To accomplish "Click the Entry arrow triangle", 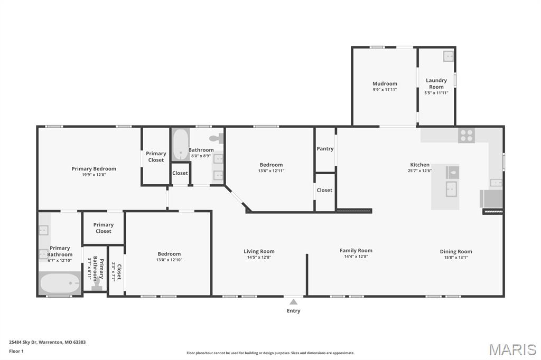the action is (293, 302).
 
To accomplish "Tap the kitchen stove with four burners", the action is (467, 135).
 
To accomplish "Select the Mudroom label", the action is (385, 83).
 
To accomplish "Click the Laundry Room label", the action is (436, 83).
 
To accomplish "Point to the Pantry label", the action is (325, 149).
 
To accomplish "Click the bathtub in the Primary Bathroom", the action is (60, 283).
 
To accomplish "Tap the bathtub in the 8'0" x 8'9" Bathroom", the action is (181, 145).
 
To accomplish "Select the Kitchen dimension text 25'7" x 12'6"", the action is (419, 170).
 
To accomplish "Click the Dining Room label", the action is (456, 251).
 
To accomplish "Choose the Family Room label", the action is (356, 250).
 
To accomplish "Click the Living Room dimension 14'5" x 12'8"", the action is (259, 257).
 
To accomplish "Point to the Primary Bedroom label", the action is (94, 168).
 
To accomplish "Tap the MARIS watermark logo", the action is (512, 349).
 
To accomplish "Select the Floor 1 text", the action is (16, 351).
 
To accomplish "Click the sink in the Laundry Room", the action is (448, 56).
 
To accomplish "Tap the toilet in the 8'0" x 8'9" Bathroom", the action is (216, 138).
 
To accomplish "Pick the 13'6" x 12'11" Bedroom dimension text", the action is (271, 170).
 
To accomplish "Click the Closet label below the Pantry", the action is (324, 190).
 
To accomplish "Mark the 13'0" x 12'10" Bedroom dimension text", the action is (169, 260).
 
